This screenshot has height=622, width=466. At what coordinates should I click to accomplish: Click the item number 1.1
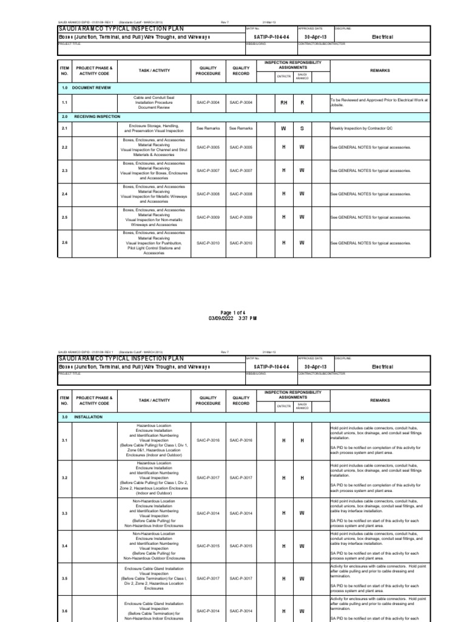coord(64,103)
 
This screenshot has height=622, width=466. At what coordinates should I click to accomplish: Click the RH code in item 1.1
coord(283,103)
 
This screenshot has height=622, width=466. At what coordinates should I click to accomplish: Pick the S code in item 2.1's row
coord(302,129)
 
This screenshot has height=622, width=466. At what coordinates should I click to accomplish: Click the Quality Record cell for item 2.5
coord(241,217)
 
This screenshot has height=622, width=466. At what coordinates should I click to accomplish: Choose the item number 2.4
coord(64,194)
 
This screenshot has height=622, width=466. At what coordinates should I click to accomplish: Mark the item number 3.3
coord(64,513)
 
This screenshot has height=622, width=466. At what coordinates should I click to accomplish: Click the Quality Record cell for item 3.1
coord(241,440)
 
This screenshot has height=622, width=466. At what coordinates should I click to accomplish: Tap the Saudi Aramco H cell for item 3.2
coord(302,477)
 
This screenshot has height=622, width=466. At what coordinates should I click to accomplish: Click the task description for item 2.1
coord(154,129)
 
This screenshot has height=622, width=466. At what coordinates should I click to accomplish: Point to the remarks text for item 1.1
coord(379,103)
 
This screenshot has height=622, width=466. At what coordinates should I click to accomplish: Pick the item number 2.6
coord(64,243)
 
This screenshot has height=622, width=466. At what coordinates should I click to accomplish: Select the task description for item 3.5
coord(154,579)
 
